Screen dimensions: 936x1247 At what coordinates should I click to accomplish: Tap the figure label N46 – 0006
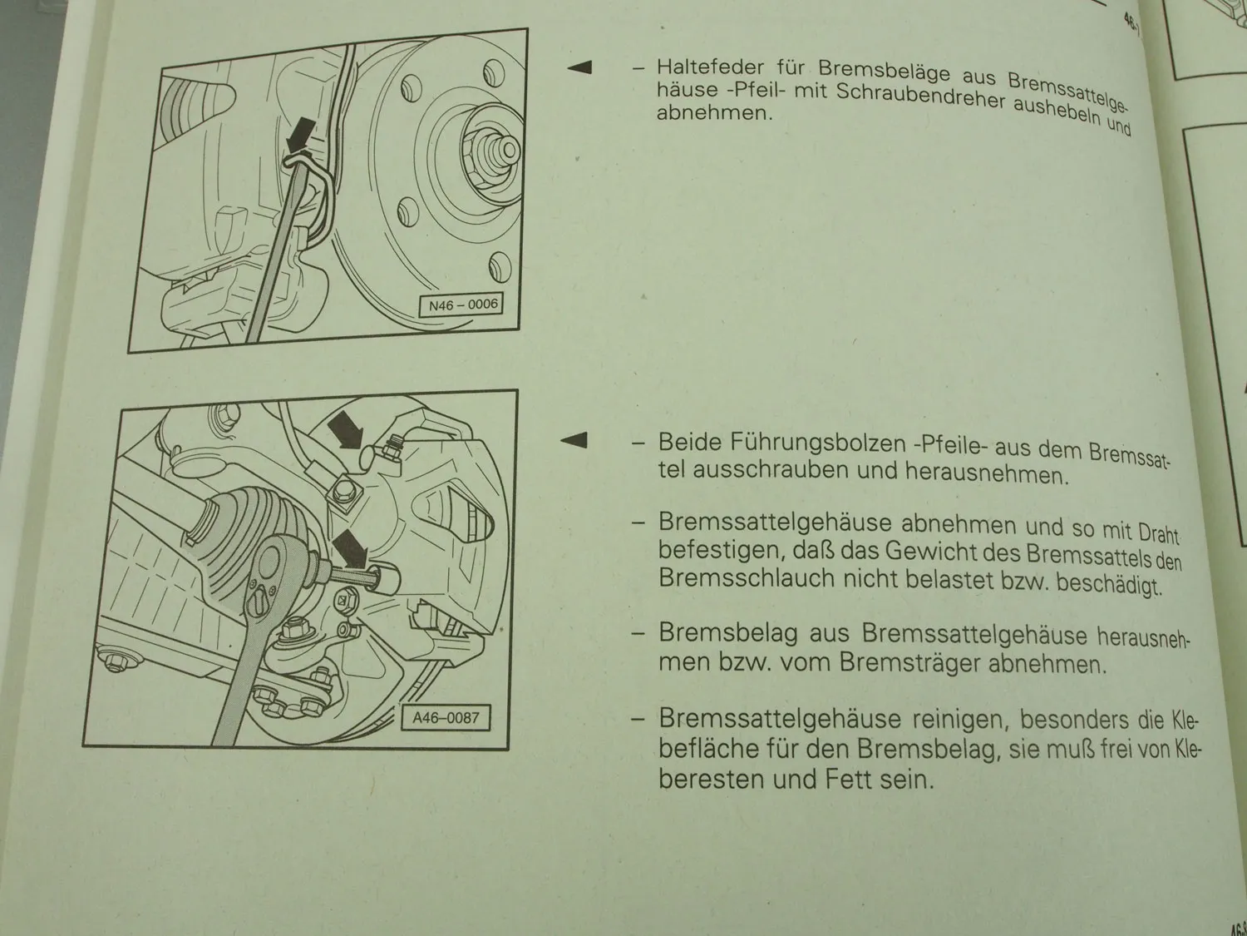[x=463, y=305]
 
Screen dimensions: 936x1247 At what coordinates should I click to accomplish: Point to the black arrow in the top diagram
[x=301, y=135]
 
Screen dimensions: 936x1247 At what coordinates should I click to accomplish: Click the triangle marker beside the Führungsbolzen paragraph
[x=574, y=440]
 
